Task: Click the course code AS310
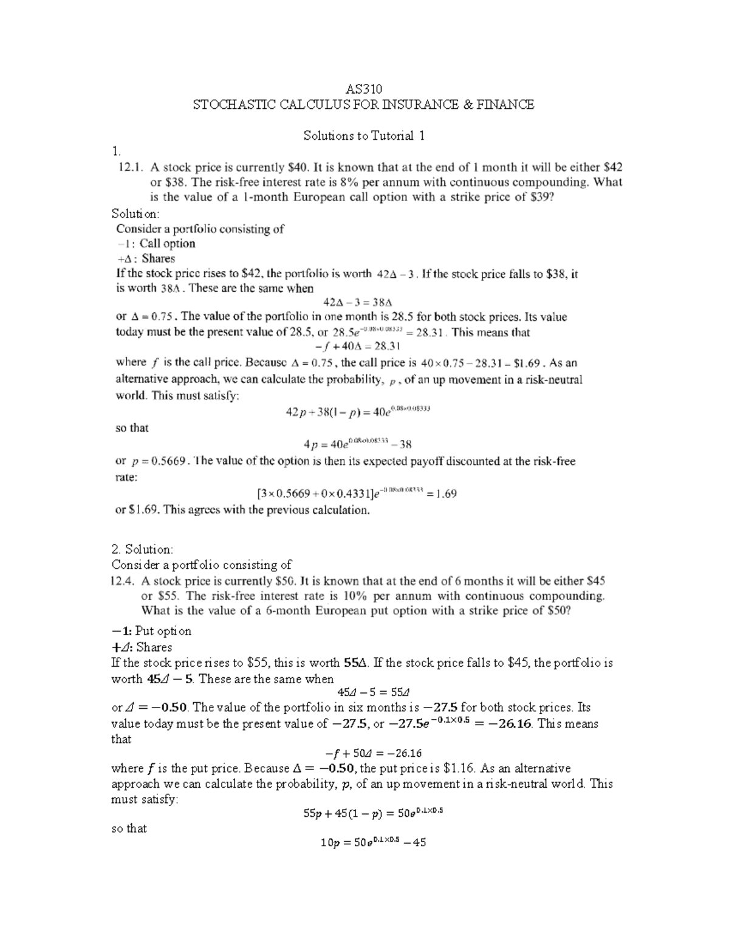363,89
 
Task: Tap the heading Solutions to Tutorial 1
363,136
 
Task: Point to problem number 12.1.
128,167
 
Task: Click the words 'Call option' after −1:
167,244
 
